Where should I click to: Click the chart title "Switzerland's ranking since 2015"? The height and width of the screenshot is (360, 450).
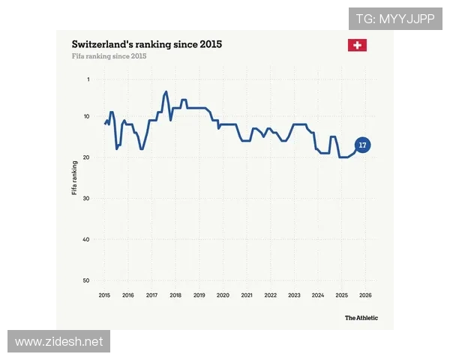point(147,44)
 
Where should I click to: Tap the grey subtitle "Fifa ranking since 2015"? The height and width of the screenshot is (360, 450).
point(109,56)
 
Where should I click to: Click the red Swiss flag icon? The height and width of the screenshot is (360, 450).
point(357,45)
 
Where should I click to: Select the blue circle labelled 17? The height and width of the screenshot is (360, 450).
point(363,145)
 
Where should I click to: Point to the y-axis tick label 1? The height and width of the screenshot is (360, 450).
point(88,79)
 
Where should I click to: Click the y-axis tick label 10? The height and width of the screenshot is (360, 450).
point(86,116)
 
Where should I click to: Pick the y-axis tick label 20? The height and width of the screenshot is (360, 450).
point(86,157)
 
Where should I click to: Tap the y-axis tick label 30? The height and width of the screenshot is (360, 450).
point(86,198)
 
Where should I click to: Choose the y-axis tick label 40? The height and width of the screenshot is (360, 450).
point(86,239)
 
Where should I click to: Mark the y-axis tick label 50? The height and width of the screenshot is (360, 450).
point(86,280)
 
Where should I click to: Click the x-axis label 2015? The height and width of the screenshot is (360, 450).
point(104,295)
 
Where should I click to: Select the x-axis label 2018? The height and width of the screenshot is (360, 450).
point(175,295)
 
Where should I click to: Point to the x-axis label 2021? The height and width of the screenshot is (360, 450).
point(247,295)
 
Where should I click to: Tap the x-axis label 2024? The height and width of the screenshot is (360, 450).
point(318,295)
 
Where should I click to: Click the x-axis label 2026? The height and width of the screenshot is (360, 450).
point(366,295)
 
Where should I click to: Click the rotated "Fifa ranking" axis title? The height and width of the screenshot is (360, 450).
point(74,178)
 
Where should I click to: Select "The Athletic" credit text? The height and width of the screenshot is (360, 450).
point(361,318)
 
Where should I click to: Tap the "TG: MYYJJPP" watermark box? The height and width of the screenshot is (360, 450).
point(395,19)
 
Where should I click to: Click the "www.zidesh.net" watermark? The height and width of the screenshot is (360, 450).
point(58,341)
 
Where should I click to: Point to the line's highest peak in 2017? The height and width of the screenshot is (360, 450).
point(166,91)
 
